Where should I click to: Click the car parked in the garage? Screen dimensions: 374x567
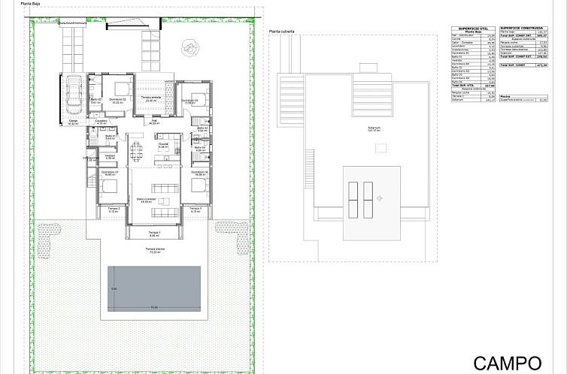pos(73,95)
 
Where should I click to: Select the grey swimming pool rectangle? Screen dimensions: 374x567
pos(153,288)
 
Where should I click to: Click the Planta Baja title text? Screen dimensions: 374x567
pos(41,4)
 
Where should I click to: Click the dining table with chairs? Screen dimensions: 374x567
pos(136,152)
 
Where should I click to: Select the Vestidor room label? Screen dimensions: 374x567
pos(110,156)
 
